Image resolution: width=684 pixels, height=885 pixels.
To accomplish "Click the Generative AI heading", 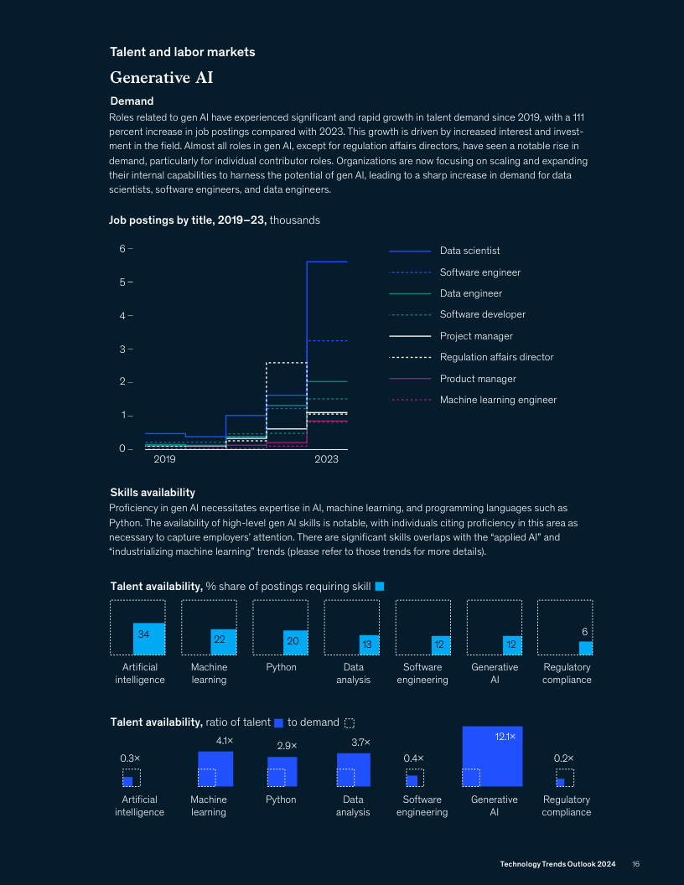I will coord(161,78).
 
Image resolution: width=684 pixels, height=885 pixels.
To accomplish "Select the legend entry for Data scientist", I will coord(469,251).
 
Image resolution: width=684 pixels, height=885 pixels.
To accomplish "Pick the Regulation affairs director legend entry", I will coord(496,357).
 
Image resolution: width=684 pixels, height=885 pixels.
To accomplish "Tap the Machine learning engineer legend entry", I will coord(498,400).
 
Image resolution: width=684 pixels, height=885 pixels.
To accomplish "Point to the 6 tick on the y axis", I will coord(122,248).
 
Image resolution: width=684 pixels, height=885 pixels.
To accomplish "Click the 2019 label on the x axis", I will coord(164,459).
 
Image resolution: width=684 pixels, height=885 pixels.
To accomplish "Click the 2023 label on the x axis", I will coord(326,459).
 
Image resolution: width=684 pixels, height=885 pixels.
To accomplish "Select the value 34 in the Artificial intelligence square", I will coord(143,634).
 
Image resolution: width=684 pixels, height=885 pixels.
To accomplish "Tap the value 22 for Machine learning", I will coord(219,639).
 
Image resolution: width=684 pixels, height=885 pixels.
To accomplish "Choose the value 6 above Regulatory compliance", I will coord(584,630).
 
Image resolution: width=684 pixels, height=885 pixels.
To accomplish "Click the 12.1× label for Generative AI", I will coord(504,736).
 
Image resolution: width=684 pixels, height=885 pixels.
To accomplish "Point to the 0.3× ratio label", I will coord(130,758).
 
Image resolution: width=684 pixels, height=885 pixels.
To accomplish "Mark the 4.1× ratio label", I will coord(224,741).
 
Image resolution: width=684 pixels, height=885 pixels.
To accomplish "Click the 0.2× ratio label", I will coord(563,758).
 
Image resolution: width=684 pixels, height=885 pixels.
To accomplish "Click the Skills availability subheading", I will coord(153,492).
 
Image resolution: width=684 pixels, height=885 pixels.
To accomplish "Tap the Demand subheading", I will coord(132,101).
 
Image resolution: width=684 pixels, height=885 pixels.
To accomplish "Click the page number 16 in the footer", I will coord(636,864).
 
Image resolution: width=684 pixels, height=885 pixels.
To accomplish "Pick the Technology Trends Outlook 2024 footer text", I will coord(557,864).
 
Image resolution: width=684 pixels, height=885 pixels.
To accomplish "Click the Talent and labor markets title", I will coord(183,52).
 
